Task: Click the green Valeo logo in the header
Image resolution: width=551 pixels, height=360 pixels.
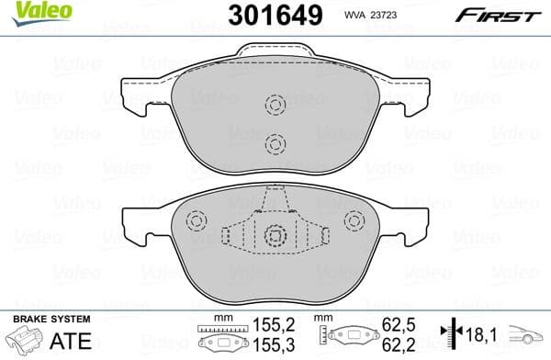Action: coord(25,13)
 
